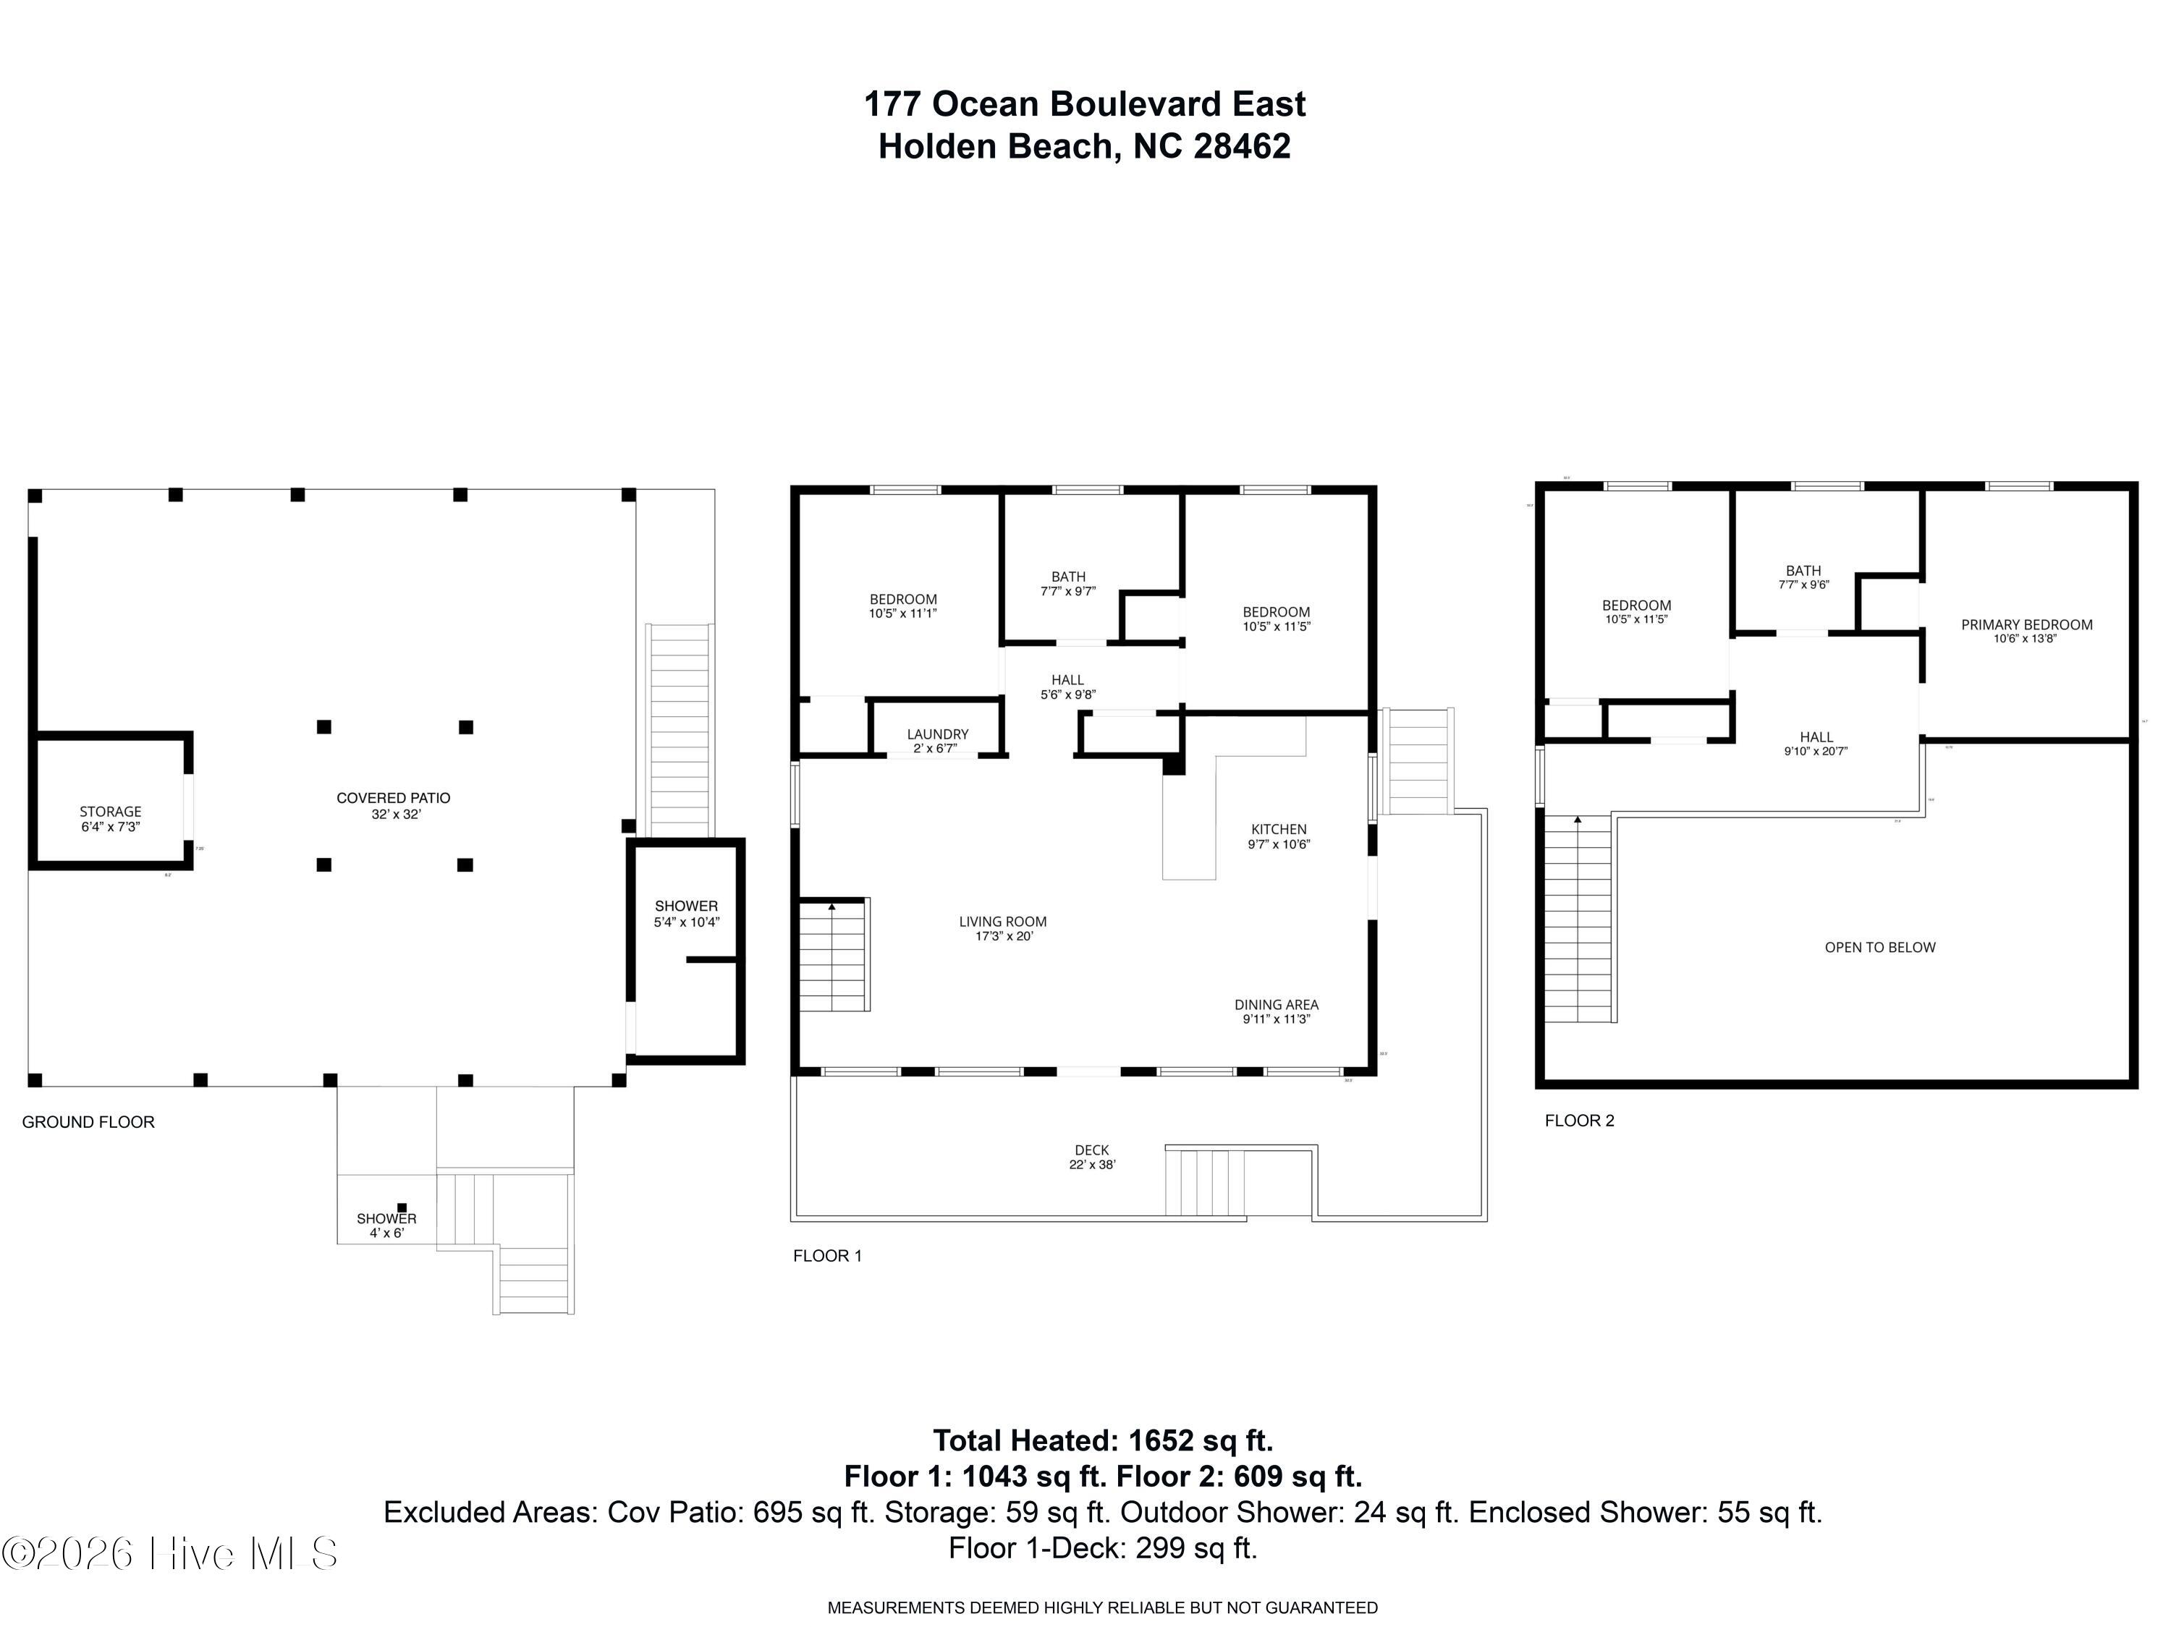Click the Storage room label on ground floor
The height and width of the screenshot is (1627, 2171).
(110, 818)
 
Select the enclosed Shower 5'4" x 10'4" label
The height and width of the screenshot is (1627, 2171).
(686, 914)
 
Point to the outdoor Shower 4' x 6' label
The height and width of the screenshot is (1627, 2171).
(386, 1225)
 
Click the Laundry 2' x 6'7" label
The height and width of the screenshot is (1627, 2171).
(937, 741)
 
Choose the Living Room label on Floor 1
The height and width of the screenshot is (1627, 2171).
(1002, 928)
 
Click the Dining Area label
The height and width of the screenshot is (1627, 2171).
(1276, 1011)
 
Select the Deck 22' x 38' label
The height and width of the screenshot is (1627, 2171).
(1091, 1157)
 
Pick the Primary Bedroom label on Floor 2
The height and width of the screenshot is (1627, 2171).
(2026, 631)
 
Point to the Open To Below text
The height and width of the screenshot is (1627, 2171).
(1879, 947)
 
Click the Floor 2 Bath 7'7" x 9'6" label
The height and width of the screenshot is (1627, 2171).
(1803, 577)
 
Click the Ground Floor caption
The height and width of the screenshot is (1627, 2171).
(88, 1121)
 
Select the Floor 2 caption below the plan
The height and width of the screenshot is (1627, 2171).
(1579, 1121)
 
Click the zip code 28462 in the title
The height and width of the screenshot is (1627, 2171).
(1242, 146)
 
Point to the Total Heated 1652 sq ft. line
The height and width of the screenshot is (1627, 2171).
(1102, 1440)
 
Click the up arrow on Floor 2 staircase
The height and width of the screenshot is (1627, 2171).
(1578, 820)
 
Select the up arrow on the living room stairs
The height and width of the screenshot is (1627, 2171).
(831, 906)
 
